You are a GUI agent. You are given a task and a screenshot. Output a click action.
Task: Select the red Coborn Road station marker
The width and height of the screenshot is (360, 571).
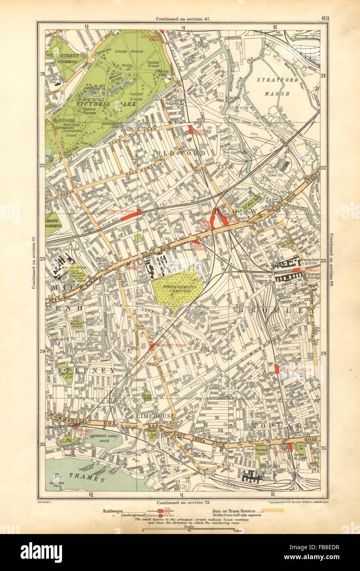[x=131, y=214]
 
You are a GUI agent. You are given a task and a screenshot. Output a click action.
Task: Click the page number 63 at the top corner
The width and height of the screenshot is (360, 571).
[x=325, y=18]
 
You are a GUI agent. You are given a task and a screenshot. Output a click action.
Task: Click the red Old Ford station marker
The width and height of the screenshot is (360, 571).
[x=190, y=129]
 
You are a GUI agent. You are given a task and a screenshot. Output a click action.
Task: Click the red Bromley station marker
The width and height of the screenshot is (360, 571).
[x=296, y=270]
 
